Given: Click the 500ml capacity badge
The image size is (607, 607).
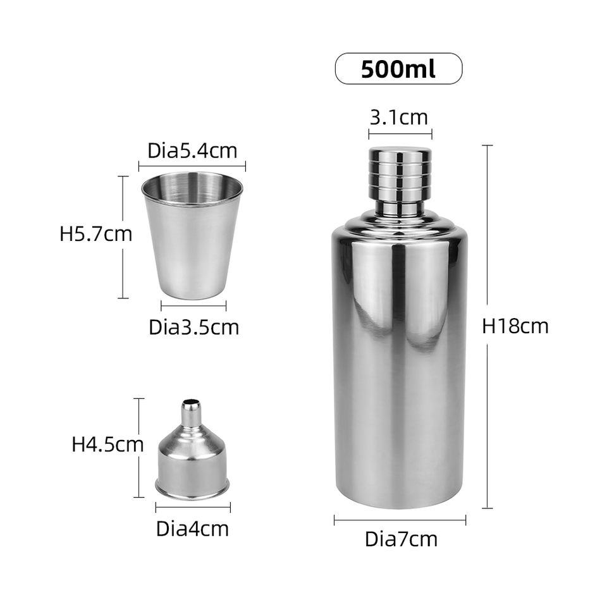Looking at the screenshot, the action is click(x=398, y=68).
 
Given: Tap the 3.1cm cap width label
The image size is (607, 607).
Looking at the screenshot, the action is click(x=399, y=118).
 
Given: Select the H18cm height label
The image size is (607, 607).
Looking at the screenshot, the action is click(x=515, y=326).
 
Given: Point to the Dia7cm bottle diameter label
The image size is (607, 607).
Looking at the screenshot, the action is click(x=401, y=539).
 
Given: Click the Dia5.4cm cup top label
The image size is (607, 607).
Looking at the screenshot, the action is click(x=192, y=150).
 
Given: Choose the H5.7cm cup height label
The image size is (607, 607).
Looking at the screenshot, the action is click(x=95, y=234).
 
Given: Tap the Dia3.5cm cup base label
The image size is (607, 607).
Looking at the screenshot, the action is click(x=194, y=327).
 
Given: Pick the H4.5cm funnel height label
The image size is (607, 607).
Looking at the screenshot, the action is click(x=107, y=445).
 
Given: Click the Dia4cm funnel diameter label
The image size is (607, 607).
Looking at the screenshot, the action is click(x=192, y=529).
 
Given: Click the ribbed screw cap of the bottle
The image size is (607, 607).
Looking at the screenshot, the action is click(x=400, y=171).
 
